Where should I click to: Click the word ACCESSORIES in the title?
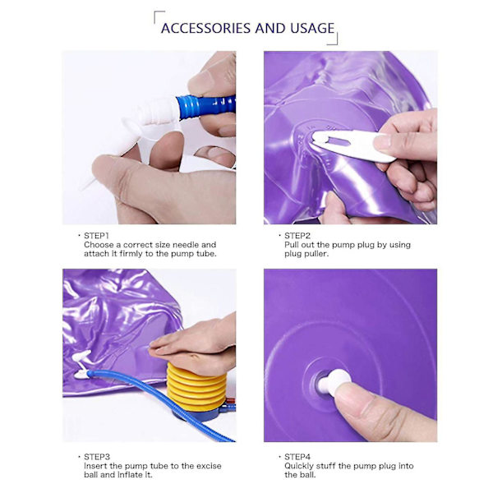[205, 28]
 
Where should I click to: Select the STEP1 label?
[96, 236]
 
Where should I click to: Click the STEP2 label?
[297, 236]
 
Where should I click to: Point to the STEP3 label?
[97, 457]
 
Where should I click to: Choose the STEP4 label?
[297, 457]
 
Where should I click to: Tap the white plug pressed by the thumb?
[334, 381]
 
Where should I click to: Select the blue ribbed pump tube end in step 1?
[206, 106]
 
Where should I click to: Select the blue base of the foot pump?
[201, 414]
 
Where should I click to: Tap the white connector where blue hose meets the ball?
[81, 374]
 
